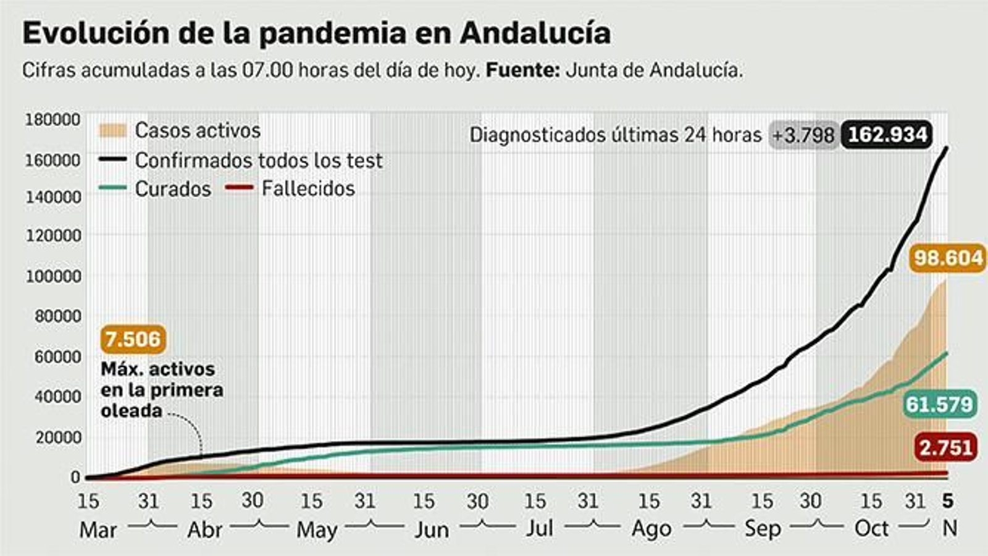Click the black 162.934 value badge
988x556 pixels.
[x=887, y=135]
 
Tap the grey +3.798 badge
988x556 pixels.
[x=803, y=135]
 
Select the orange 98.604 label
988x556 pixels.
[x=948, y=258]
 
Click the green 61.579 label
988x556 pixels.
[x=939, y=405]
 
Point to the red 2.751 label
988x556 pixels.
[x=945, y=447]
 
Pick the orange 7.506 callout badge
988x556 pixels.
[x=132, y=339]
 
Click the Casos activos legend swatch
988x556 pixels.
[x=112, y=130]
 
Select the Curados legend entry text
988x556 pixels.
[x=173, y=188]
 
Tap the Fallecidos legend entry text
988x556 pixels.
[x=308, y=188]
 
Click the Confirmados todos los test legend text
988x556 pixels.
[x=259, y=161]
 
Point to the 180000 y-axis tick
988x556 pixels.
[x=52, y=120]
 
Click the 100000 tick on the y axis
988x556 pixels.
[x=52, y=276]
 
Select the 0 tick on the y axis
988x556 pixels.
[x=75, y=477]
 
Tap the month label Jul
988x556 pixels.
[x=539, y=529]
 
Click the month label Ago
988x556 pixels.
[x=651, y=529]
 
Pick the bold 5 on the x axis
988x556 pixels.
[x=948, y=501]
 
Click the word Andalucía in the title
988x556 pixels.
[x=535, y=33]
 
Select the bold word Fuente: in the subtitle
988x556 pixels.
[x=522, y=70]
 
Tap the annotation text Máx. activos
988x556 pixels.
[x=158, y=369]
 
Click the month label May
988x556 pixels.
[x=317, y=530]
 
